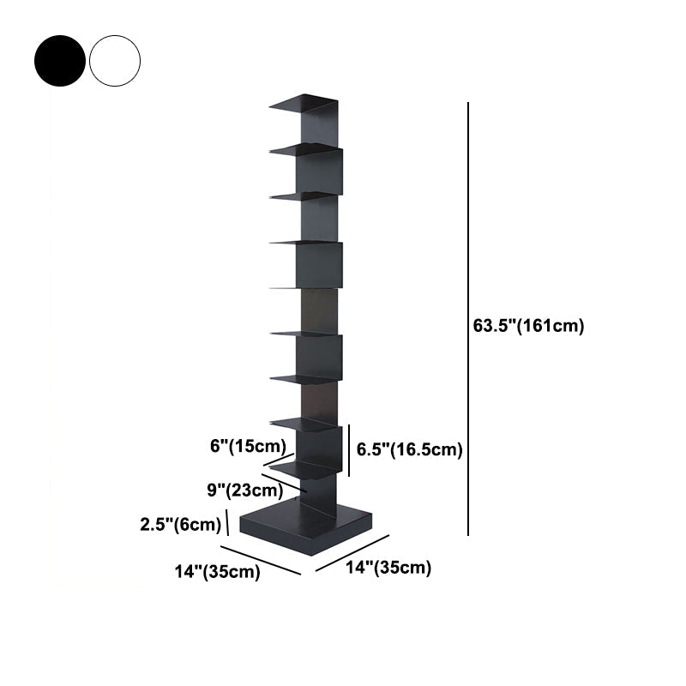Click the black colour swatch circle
click(x=60, y=60)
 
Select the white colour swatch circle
click(x=115, y=60)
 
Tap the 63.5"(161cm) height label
click(x=528, y=326)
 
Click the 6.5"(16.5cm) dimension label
click(x=410, y=449)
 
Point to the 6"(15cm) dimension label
click(x=247, y=446)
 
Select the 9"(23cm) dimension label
click(x=245, y=490)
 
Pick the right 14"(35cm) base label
click(x=388, y=567)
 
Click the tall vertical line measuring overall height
click(x=468, y=317)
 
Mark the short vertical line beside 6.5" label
click(x=349, y=448)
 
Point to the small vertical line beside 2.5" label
click(x=227, y=521)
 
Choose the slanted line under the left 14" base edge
click(x=262, y=560)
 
